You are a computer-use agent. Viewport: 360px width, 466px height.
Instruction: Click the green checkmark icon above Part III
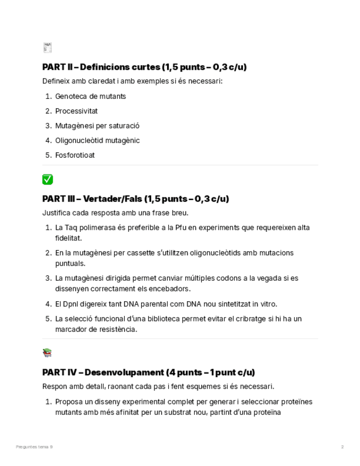point(47,179)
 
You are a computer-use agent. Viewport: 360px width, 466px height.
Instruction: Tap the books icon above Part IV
point(47,353)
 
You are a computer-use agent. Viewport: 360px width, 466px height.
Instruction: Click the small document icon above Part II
point(47,47)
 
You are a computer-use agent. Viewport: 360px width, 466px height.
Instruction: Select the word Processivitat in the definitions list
point(76,111)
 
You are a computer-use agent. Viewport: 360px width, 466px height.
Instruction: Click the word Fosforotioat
point(75,155)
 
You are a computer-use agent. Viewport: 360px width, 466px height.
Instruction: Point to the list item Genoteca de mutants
point(91,96)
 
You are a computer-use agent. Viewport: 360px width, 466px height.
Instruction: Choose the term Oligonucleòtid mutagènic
point(97,140)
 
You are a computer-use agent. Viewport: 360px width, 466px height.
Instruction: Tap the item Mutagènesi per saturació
point(97,126)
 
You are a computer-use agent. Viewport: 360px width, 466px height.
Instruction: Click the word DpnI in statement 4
point(73,304)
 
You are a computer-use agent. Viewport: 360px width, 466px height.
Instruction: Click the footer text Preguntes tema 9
point(35,447)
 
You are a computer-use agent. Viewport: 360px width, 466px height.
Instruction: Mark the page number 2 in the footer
point(342,447)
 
